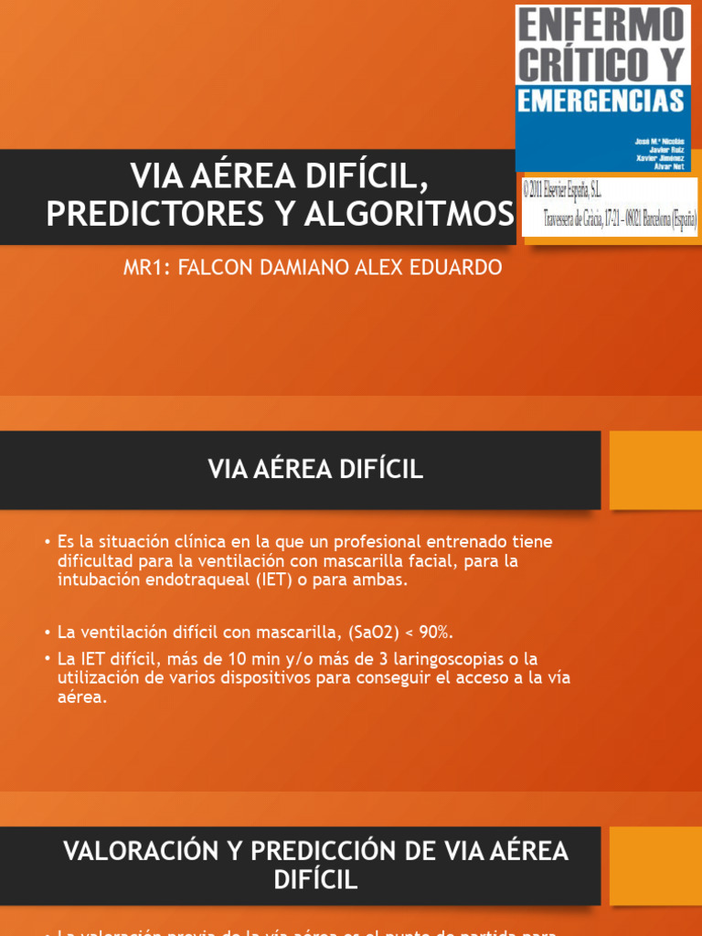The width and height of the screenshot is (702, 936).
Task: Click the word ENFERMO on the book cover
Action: point(602,24)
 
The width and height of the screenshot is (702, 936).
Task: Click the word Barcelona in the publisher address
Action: point(643,219)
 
